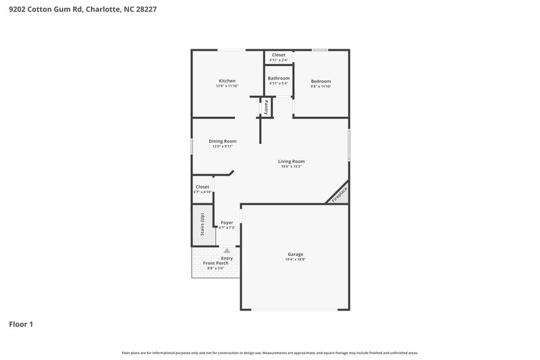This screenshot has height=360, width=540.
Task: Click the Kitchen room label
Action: pos(226,81)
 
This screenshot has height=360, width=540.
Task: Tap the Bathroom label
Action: pos(278,78)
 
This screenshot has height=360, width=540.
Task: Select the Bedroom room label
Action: pos(321,81)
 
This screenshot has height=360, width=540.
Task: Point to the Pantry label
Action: pos(267,106)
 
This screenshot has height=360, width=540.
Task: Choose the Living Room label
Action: pos(292,161)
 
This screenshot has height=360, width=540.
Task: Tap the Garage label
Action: pos(295,255)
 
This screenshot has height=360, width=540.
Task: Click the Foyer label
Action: pos(227,222)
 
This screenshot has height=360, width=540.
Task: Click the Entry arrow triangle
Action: pos(227,250)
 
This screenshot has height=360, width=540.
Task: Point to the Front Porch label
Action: pos(216,263)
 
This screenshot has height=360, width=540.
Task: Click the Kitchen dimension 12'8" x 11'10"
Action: pos(227,86)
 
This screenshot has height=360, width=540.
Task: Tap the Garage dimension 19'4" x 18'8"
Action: pos(295,260)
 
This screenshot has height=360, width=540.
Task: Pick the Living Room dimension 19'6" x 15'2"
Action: pos(292,166)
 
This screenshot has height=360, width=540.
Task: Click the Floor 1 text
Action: pos(21,324)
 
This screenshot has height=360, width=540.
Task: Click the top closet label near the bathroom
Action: pos(278,55)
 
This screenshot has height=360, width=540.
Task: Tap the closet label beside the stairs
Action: pos(202,186)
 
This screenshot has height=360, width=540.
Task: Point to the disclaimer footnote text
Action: pos(270,353)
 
